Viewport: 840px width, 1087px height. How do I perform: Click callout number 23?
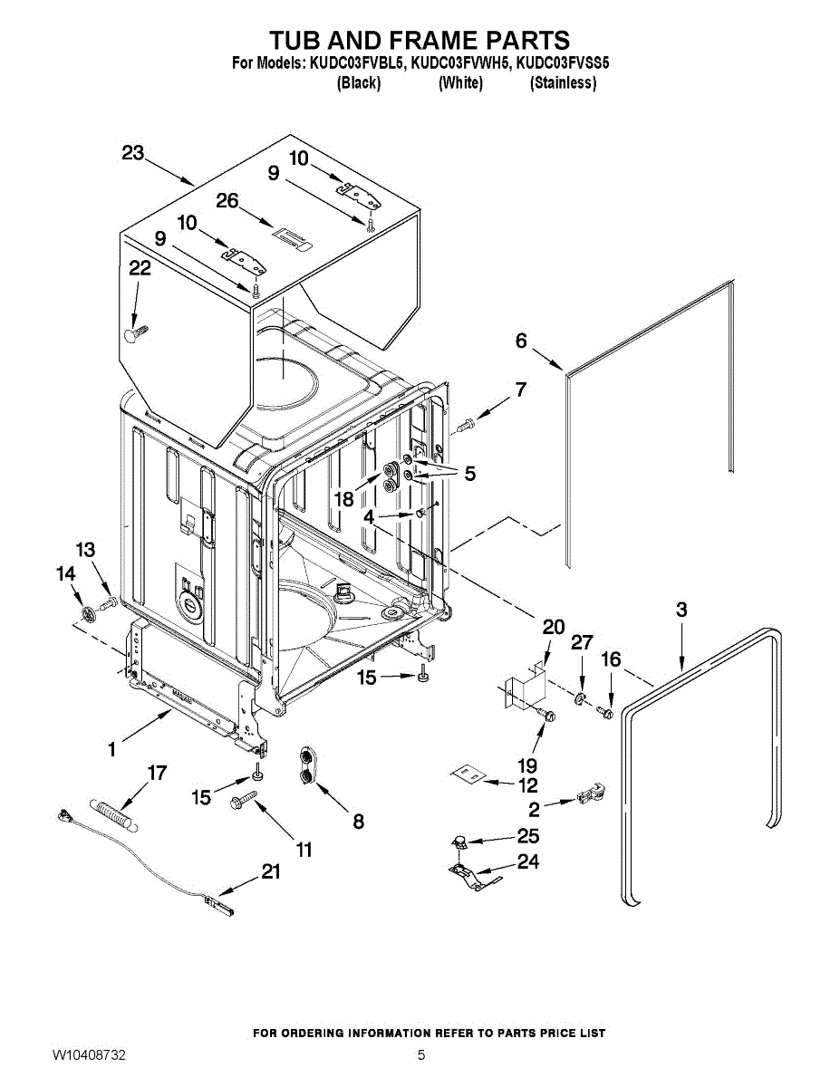133,154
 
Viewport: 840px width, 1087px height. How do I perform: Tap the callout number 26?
227,201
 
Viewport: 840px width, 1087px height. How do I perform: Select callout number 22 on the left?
140,268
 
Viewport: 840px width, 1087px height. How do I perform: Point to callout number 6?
521,341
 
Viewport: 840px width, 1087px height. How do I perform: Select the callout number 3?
681,610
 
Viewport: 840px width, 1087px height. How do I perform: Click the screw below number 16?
607,712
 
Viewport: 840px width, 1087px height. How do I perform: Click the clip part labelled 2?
590,794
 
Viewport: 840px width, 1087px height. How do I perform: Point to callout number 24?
526,861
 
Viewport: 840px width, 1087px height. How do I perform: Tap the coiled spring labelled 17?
112,810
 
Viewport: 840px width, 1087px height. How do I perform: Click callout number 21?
270,872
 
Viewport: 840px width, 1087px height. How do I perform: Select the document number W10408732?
89,1055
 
